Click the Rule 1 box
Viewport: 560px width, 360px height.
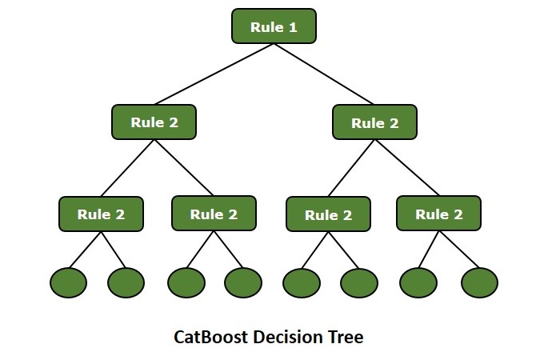[274, 27]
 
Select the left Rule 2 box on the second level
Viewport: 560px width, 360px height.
[154, 123]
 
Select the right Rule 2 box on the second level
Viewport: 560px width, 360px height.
[374, 123]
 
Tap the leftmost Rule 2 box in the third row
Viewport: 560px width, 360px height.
[101, 214]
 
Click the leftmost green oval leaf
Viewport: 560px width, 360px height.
[69, 282]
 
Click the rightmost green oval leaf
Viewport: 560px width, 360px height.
[479, 282]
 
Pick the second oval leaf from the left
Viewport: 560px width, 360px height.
[126, 282]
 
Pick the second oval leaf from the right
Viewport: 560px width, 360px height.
[419, 282]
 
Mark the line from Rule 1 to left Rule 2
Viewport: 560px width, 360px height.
[214, 74]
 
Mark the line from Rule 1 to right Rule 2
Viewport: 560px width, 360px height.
[324, 74]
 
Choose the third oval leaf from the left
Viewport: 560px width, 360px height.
[186, 282]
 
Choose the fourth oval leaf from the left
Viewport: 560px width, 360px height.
[242, 282]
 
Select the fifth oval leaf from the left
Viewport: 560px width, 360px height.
[302, 282]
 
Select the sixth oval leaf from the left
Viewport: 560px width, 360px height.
[358, 282]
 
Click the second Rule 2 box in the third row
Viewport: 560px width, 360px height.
[214, 214]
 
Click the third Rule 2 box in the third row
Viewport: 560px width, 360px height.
[328, 215]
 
